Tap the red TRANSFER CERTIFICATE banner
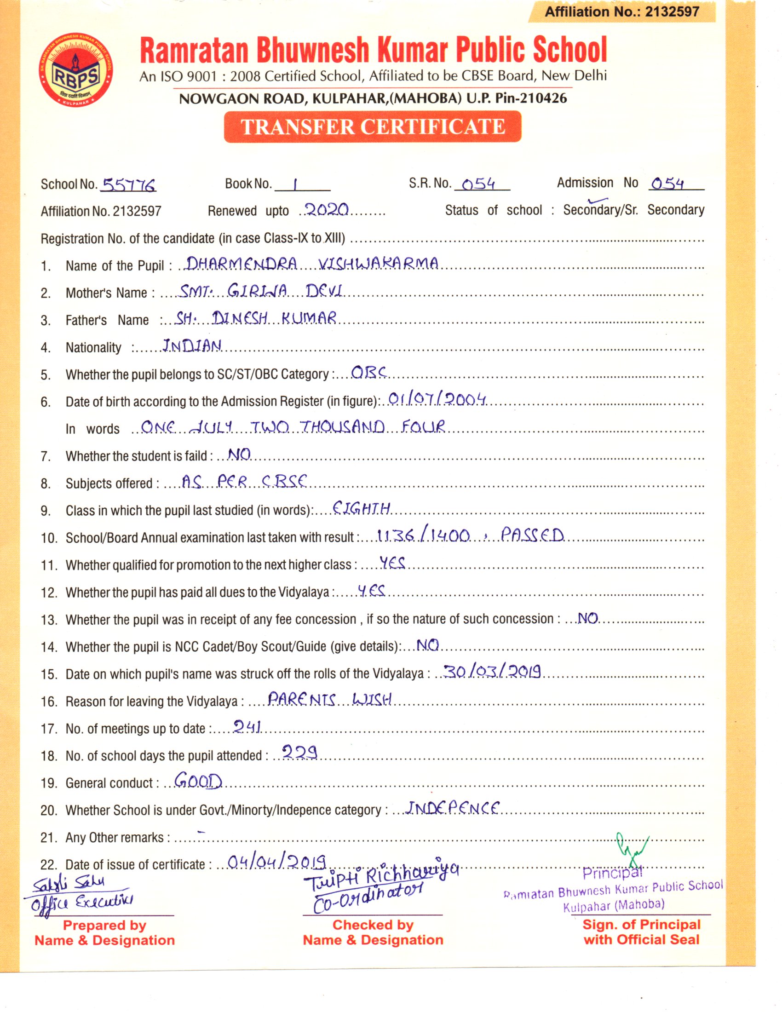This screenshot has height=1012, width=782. tap(373, 126)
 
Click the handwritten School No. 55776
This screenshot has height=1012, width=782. tap(129, 185)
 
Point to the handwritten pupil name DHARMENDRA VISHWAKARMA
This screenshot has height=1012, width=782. tap(311, 264)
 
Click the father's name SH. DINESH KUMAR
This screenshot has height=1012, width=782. tap(256, 318)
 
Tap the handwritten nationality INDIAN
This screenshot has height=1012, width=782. tap(192, 345)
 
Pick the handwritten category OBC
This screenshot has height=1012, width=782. tap(368, 372)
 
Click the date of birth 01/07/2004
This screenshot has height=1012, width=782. tap(437, 399)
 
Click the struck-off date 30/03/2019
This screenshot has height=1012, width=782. tap(492, 672)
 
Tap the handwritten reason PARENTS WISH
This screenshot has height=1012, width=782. tap(330, 699)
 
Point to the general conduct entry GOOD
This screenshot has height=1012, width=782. tap(198, 781)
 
